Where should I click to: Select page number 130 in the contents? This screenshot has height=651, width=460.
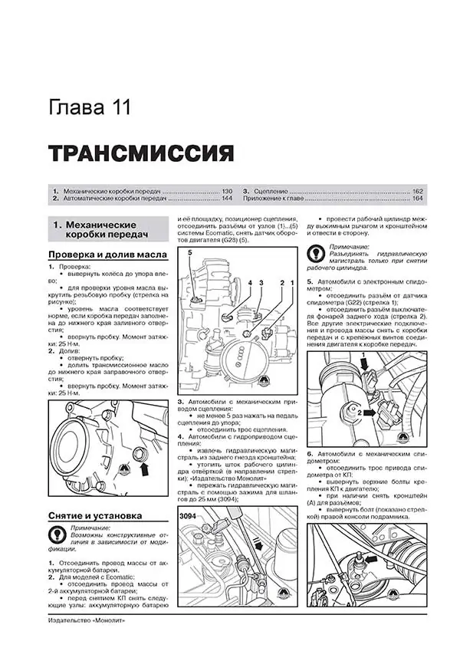[x=226, y=189]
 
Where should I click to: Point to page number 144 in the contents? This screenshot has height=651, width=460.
[x=226, y=199]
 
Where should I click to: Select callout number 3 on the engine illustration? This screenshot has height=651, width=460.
[x=261, y=284]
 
